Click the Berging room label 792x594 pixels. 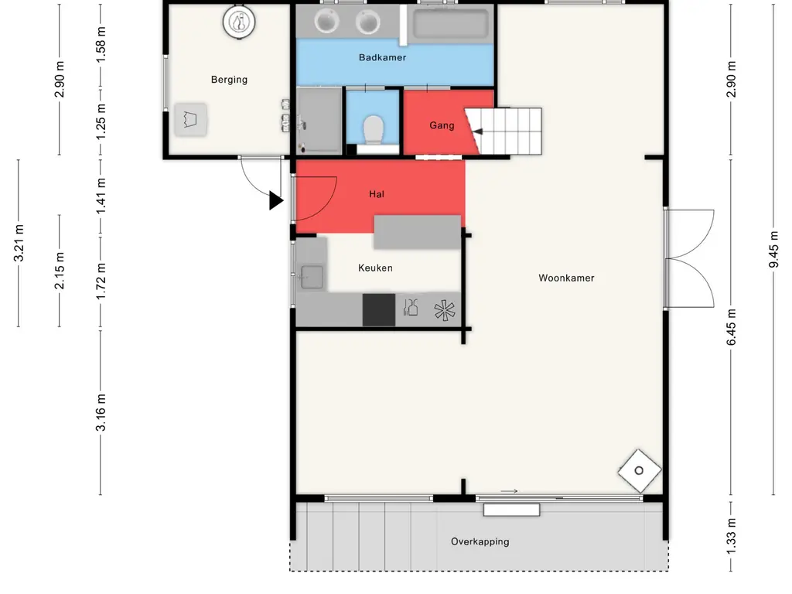pyautogui.click(x=229, y=80)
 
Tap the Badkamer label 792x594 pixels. pyautogui.click(x=382, y=57)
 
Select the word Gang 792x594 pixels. pyautogui.click(x=442, y=126)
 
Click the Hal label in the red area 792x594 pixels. pyautogui.click(x=377, y=194)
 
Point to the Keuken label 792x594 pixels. pyautogui.click(x=375, y=268)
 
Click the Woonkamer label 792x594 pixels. pyautogui.click(x=566, y=278)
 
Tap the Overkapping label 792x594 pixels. pyautogui.click(x=480, y=542)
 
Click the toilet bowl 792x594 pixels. pyautogui.click(x=374, y=129)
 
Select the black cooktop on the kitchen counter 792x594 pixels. pyautogui.click(x=379, y=309)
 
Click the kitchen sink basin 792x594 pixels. pyautogui.click(x=312, y=278)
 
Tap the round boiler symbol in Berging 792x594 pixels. pyautogui.click(x=239, y=22)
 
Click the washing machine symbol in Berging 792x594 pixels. pyautogui.click(x=190, y=120)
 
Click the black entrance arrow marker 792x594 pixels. pyautogui.click(x=276, y=200)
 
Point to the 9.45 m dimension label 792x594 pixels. pyautogui.click(x=773, y=250)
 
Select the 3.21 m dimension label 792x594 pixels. pyautogui.click(x=19, y=244)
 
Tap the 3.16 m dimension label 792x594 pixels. pyautogui.click(x=101, y=413)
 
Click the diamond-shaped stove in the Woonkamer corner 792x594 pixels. pyautogui.click(x=640, y=471)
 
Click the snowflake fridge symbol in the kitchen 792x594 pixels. pyautogui.click(x=445, y=311)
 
